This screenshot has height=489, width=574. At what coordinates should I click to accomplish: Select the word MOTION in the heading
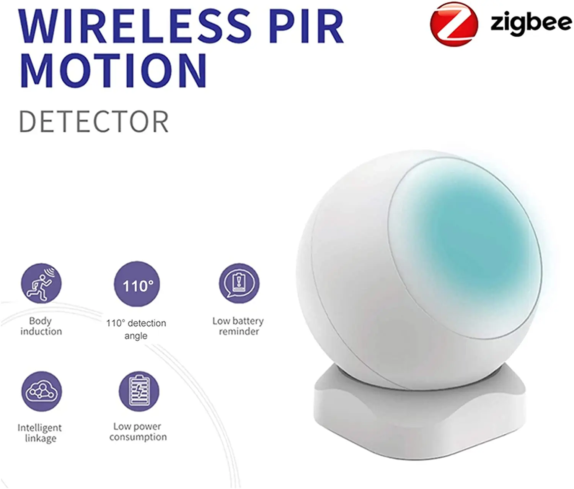114,70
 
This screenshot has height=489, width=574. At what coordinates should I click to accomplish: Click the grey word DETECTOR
94,122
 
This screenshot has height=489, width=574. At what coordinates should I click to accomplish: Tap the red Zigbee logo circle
454,24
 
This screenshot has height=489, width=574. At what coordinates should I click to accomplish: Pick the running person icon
41,283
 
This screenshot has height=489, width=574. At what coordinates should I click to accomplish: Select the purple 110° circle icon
137,284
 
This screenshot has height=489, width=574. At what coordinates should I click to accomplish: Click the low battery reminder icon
239,283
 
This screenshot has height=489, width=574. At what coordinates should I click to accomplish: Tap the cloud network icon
42,391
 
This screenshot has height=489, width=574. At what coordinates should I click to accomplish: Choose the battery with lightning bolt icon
139,391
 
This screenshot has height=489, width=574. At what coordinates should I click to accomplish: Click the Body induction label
41,326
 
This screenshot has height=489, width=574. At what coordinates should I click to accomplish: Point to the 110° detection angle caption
136,330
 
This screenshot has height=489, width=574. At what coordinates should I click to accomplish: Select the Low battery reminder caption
238,326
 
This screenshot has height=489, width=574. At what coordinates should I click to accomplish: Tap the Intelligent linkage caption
40,433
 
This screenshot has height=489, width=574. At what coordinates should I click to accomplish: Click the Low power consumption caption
138,432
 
